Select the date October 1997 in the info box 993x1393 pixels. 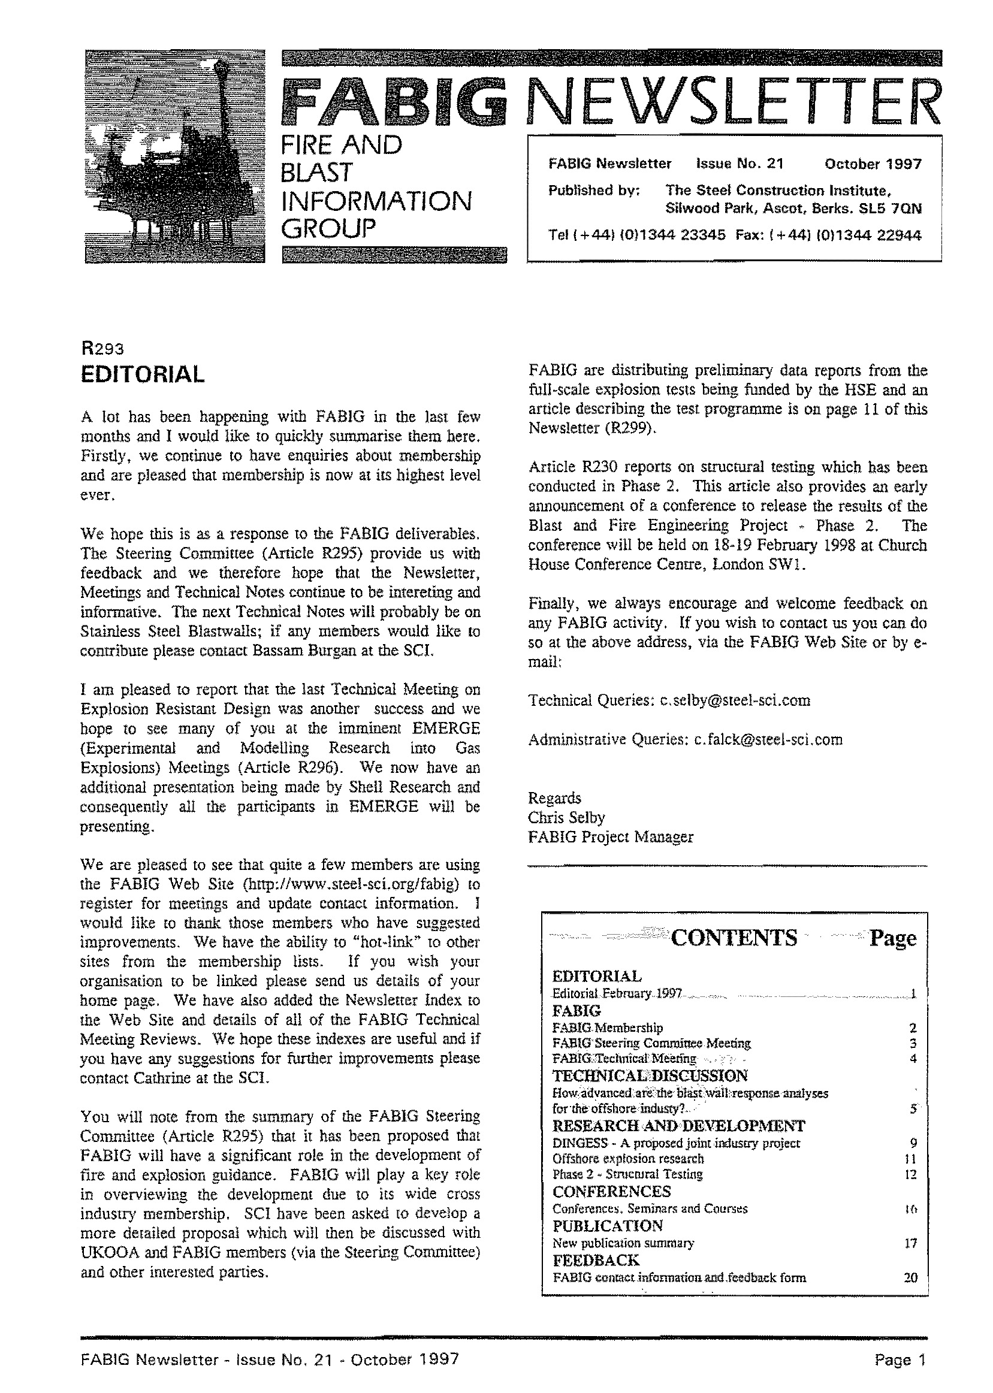[x=873, y=164]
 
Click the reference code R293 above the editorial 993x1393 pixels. [x=102, y=349]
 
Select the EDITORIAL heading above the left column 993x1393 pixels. [x=142, y=374]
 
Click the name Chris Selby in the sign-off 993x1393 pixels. [x=566, y=817]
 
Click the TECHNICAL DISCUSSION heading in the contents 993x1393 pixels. [x=650, y=1075]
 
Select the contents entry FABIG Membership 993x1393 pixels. [x=607, y=1028]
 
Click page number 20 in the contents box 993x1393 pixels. [x=910, y=1277]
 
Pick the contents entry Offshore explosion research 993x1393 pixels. [x=628, y=1158]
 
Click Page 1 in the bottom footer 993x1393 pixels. [x=900, y=1359]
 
